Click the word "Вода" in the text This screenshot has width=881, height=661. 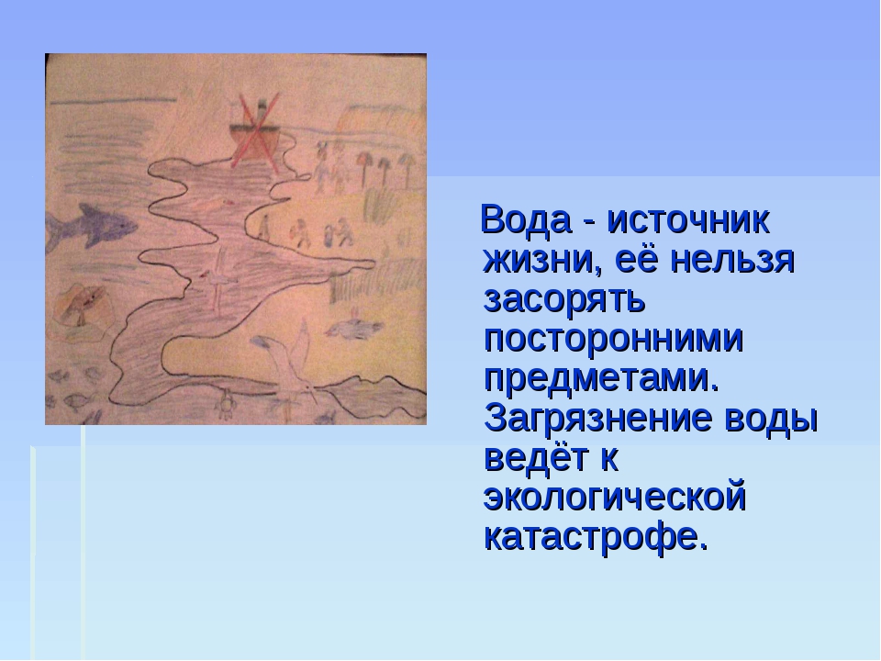coord(525,220)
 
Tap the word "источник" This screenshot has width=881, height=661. coord(688,220)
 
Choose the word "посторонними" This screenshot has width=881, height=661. coord(614,339)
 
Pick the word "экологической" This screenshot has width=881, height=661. coord(615,498)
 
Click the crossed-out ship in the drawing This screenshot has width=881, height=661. coord(254,132)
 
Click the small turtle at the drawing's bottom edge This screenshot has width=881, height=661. coord(226,406)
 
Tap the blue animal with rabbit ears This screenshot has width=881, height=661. coord(354,328)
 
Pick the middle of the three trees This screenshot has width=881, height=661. coord(385,169)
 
